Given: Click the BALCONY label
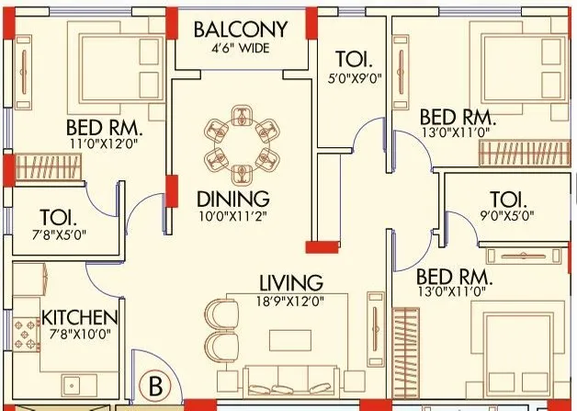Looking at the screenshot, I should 240,29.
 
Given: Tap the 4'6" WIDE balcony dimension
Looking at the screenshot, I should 240,49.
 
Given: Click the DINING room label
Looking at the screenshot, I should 233,199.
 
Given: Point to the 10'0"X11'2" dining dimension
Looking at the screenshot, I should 233,217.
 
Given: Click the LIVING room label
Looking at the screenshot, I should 289,281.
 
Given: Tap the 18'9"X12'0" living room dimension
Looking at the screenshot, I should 289,300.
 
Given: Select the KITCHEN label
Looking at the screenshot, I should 80,318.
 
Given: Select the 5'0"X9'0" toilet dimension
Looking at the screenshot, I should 355,78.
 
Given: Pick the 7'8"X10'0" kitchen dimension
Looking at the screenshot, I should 80,336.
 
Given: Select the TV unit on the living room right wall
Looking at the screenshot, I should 374,326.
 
